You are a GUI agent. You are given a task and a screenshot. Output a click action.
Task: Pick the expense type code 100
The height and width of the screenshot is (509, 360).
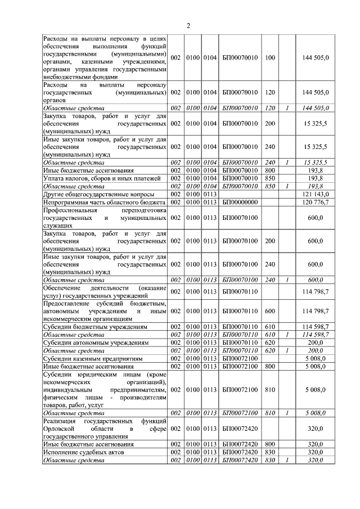[269, 57]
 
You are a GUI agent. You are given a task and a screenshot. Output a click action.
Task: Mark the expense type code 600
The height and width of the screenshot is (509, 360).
[269, 310]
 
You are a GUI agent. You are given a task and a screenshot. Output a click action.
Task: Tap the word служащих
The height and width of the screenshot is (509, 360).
[57, 224]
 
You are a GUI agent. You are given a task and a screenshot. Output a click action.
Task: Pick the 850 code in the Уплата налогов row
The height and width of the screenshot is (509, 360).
[269, 178]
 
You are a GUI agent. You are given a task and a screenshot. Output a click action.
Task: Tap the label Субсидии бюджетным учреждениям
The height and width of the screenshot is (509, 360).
[87, 326]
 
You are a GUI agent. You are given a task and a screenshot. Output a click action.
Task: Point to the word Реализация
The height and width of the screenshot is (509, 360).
[61, 421]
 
